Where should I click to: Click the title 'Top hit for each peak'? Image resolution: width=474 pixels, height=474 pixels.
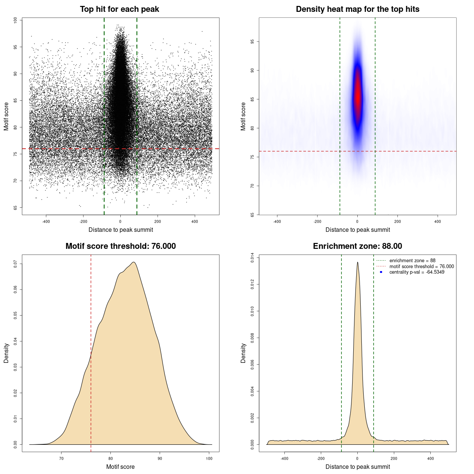click(119, 9)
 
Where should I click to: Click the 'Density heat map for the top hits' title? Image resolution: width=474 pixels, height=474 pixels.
click(357, 9)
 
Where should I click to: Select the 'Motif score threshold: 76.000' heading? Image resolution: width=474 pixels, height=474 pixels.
click(120, 246)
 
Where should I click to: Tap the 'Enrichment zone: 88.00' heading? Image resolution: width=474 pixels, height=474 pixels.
click(357, 246)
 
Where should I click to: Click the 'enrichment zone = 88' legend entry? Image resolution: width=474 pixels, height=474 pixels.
click(412, 261)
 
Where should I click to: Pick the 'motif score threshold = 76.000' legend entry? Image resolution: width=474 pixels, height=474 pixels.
click(421, 266)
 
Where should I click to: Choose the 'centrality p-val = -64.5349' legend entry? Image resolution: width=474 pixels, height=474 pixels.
click(417, 272)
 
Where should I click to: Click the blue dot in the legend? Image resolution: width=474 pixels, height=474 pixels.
click(381, 272)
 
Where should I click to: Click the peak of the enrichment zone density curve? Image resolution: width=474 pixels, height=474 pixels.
click(357, 263)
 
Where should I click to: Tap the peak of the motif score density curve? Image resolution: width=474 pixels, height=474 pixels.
click(134, 263)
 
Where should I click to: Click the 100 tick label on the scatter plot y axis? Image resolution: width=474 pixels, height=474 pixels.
click(15, 20)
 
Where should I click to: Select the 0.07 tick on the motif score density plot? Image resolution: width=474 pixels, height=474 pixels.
click(15, 264)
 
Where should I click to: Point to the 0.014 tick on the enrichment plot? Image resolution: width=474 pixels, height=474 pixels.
click(252, 258)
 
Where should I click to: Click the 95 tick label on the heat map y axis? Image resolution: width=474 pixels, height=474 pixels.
click(252, 41)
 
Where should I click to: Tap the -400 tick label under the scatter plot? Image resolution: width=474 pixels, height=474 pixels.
click(46, 221)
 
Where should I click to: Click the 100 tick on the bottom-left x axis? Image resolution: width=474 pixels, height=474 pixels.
click(209, 458)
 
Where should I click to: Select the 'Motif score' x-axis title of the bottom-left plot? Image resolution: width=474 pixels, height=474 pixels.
click(120, 467)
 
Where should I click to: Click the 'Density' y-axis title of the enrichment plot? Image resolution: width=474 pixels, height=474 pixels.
click(243, 353)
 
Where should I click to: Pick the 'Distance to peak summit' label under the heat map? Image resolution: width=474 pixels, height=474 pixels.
click(357, 230)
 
